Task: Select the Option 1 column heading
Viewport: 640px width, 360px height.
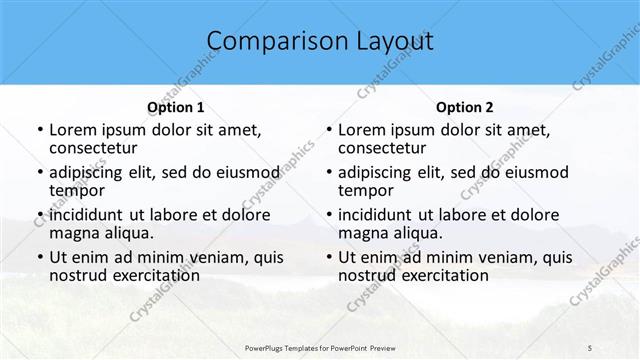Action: pos(176,107)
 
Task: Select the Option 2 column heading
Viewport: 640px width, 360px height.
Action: pos(465,107)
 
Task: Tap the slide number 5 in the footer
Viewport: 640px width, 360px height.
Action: pos(590,346)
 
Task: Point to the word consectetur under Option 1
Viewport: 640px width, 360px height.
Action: pos(95,148)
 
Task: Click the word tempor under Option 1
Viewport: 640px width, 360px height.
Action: pos(76,190)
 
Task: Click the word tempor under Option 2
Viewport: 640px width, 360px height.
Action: pos(365,190)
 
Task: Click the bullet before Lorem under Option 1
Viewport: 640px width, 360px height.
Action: pos(39,131)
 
